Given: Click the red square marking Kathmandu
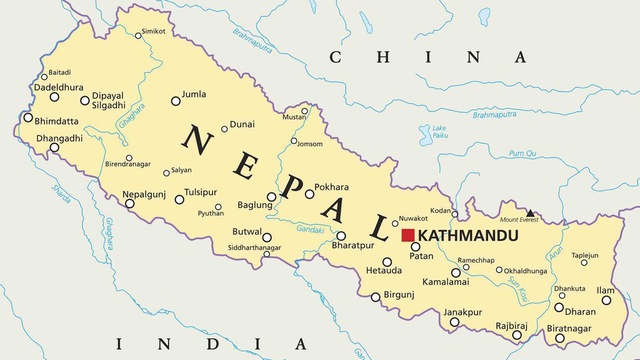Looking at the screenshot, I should pos(408,235).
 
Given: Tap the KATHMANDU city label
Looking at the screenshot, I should pos(465,236).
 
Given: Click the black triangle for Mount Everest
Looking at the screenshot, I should pos(530,213).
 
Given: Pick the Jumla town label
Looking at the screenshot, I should pos(194,95).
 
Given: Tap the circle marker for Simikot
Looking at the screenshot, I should pos(137,35).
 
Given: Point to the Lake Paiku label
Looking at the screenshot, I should pos(439,130).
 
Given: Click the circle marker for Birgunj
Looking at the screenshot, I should pos(376,296).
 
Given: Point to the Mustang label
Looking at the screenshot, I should pos(293,118).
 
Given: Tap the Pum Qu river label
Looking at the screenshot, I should pos(522,153).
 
